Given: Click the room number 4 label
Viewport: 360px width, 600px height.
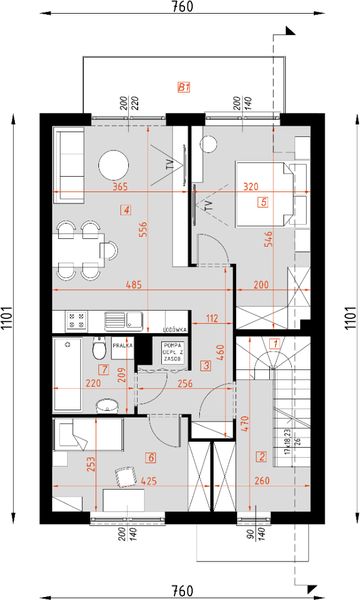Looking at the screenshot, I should (125, 210).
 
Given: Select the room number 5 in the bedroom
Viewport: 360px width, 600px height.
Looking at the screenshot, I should (263, 202).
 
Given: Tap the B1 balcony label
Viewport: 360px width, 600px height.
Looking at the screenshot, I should (183, 88).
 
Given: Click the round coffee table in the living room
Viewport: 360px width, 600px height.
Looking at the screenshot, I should (113, 166).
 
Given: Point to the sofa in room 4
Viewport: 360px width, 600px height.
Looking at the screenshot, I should (71, 156).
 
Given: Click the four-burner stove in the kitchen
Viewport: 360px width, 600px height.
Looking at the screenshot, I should (76, 321).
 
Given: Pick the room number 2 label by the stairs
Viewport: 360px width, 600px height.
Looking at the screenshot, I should (262, 457).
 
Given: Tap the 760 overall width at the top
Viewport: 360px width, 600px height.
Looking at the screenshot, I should (181, 7).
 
